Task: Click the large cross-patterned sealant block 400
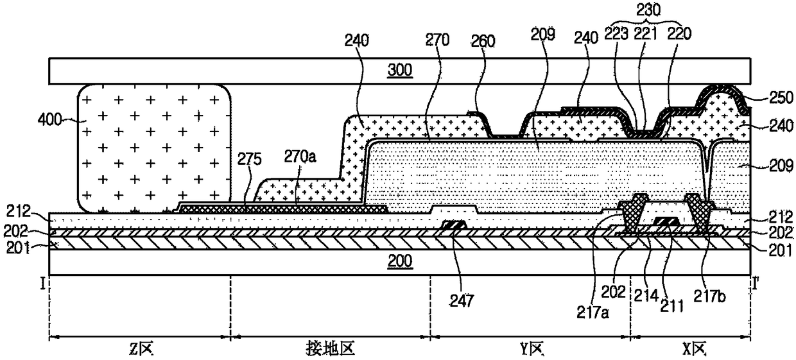coord(154,148)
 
